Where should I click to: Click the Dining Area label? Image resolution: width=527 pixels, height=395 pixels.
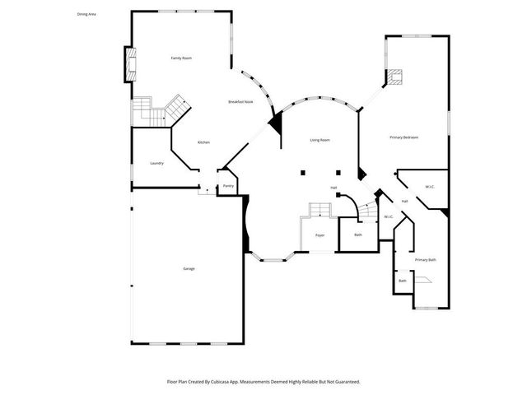pos(86,14)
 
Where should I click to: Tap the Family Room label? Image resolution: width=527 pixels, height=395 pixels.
pos(181,58)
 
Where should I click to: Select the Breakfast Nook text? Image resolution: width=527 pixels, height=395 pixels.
pos(240,101)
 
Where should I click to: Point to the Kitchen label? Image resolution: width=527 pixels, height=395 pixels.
pos(203,142)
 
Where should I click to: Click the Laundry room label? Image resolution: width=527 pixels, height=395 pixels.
pos(156,163)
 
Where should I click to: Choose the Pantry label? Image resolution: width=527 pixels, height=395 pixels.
pos(228,186)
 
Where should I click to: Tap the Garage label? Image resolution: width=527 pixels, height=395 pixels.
pos(188,269)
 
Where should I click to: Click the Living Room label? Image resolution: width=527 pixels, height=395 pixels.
pos(319,141)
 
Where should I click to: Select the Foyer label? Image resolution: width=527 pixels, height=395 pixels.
pos(319,235)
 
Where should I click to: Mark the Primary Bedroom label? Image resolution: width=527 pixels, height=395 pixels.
pos(403,137)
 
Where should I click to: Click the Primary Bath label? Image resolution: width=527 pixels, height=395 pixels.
pos(425,260)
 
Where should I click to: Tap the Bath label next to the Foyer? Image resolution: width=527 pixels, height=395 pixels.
pos(358,235)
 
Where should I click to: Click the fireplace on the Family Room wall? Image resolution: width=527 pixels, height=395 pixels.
pos(128,64)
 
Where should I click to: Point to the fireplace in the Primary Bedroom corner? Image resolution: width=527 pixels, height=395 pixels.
pos(396,78)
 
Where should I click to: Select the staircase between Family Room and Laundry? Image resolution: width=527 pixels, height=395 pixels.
pos(156,109)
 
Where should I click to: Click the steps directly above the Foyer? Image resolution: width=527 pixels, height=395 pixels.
pos(319,211)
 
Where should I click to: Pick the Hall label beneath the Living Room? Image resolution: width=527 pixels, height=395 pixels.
pos(333,188)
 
